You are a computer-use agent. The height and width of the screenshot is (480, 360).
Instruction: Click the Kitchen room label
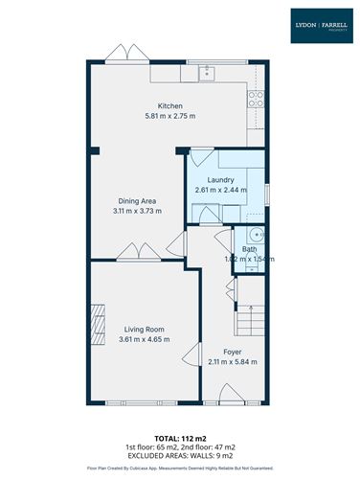(169, 106)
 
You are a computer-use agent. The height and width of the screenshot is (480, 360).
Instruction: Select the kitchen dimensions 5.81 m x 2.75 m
(169, 117)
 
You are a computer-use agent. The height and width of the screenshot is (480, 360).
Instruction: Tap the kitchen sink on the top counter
(204, 71)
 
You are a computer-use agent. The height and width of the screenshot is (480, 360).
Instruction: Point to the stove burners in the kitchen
(256, 96)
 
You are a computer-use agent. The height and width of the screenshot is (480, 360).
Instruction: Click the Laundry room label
(220, 179)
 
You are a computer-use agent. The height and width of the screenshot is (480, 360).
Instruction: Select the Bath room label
(248, 249)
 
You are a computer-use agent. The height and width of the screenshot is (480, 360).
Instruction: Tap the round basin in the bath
(254, 236)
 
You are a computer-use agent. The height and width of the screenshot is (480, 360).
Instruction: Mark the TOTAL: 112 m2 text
(180, 437)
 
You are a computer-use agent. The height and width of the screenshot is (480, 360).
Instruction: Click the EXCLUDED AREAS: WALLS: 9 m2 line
(180, 456)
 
